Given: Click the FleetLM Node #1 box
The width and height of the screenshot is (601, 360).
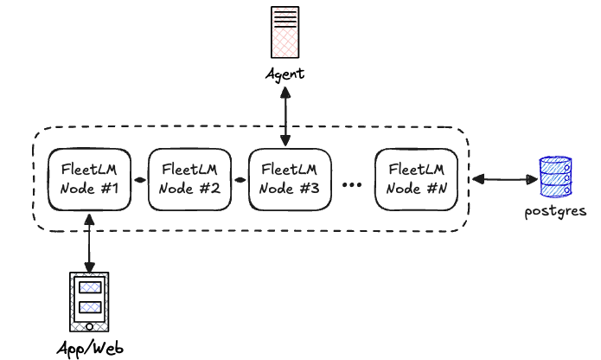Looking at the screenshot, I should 90,178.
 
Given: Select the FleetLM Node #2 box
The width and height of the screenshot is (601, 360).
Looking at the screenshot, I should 190,178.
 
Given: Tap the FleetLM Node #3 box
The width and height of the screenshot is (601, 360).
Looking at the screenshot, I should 289,178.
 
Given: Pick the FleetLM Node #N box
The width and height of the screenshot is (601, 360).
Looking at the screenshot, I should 417,178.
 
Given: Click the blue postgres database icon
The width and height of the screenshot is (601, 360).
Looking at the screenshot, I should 554,177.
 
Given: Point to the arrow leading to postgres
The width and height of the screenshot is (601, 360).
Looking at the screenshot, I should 502,179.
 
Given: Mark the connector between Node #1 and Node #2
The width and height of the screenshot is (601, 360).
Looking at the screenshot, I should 140,183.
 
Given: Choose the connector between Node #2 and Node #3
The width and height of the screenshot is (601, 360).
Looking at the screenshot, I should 240,183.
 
